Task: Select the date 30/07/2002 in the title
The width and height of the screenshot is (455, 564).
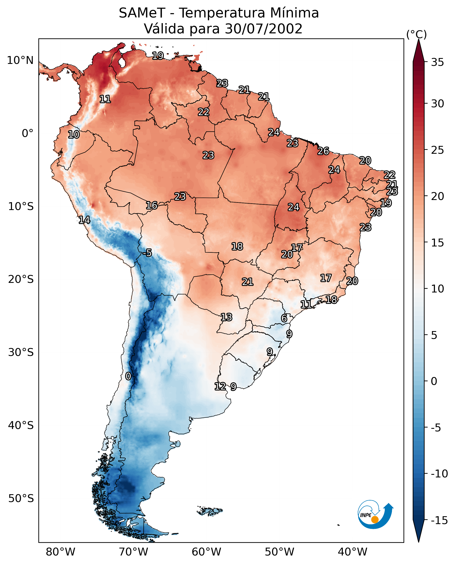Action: pyautogui.click(x=263, y=29)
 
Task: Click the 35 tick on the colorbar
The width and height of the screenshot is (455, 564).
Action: pyautogui.click(x=437, y=62)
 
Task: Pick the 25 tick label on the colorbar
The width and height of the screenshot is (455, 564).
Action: pyautogui.click(x=437, y=150)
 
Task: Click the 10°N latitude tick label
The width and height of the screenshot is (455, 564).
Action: pyautogui.click(x=20, y=61)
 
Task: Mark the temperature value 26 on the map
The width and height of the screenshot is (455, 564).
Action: pyautogui.click(x=323, y=151)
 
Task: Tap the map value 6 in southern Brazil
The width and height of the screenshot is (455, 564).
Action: pyautogui.click(x=284, y=318)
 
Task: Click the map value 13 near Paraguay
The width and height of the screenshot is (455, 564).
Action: pyautogui.click(x=226, y=317)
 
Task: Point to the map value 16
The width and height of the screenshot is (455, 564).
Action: pyautogui.click(x=152, y=205)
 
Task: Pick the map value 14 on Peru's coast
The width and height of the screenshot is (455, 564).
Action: pyautogui.click(x=84, y=220)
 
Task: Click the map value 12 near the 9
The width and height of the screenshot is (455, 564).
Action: pyautogui.click(x=220, y=386)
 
